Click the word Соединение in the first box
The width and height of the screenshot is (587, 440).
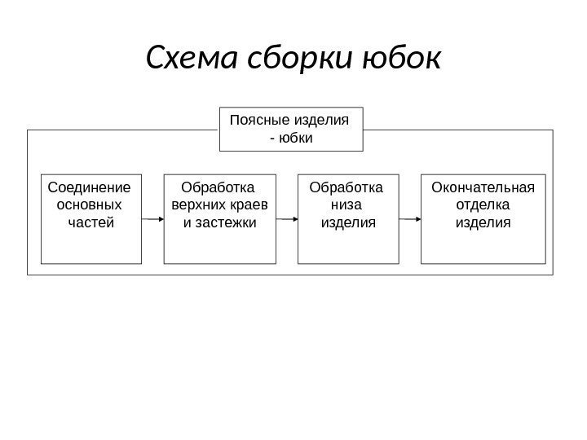point(90,187)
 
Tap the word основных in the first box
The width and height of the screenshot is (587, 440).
point(90,204)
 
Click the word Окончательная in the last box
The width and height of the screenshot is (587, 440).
point(483,187)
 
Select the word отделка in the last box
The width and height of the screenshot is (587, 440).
point(483,204)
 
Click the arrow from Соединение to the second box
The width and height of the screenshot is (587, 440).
point(152,219)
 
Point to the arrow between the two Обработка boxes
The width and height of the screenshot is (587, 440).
point(287,219)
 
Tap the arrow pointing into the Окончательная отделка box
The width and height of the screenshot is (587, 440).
point(410,219)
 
